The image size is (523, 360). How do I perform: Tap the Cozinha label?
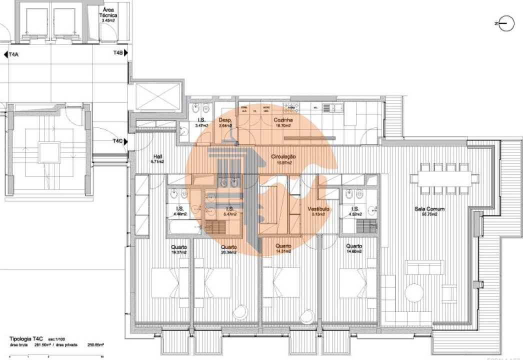(x=282, y=120)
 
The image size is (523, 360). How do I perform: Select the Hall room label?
(x=157, y=156)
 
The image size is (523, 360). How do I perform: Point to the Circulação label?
(x=283, y=156)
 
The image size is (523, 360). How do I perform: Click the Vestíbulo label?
(x=317, y=209)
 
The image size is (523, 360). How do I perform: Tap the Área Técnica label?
(x=109, y=13)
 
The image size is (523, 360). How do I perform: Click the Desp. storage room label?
(x=225, y=120)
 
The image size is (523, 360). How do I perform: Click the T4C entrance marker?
(x=117, y=141)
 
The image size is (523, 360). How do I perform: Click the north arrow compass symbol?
(x=506, y=23)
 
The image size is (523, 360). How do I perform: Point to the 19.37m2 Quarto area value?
(x=179, y=252)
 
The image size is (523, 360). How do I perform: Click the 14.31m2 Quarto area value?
(x=283, y=252)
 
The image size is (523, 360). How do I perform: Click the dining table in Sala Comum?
(x=440, y=177)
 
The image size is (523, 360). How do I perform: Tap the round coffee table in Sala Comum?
(x=414, y=292)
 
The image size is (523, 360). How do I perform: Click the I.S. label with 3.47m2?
(x=201, y=120)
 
